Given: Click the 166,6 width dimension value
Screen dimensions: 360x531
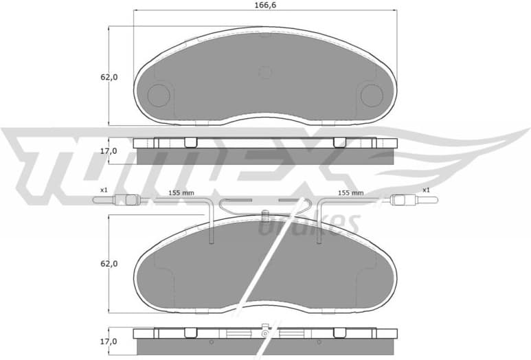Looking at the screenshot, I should pyautogui.click(x=264, y=5).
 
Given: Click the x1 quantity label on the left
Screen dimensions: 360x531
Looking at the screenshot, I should pyautogui.click(x=104, y=190).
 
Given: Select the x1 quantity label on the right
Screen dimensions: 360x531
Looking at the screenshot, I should pyautogui.click(x=426, y=190).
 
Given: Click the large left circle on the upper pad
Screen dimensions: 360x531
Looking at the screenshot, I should pyautogui.click(x=159, y=95).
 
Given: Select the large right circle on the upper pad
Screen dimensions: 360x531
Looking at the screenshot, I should pyautogui.click(x=372, y=95).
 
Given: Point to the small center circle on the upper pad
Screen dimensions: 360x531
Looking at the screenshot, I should pyautogui.click(x=265, y=72).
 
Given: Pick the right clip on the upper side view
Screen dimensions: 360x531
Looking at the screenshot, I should pyautogui.click(x=339, y=142).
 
